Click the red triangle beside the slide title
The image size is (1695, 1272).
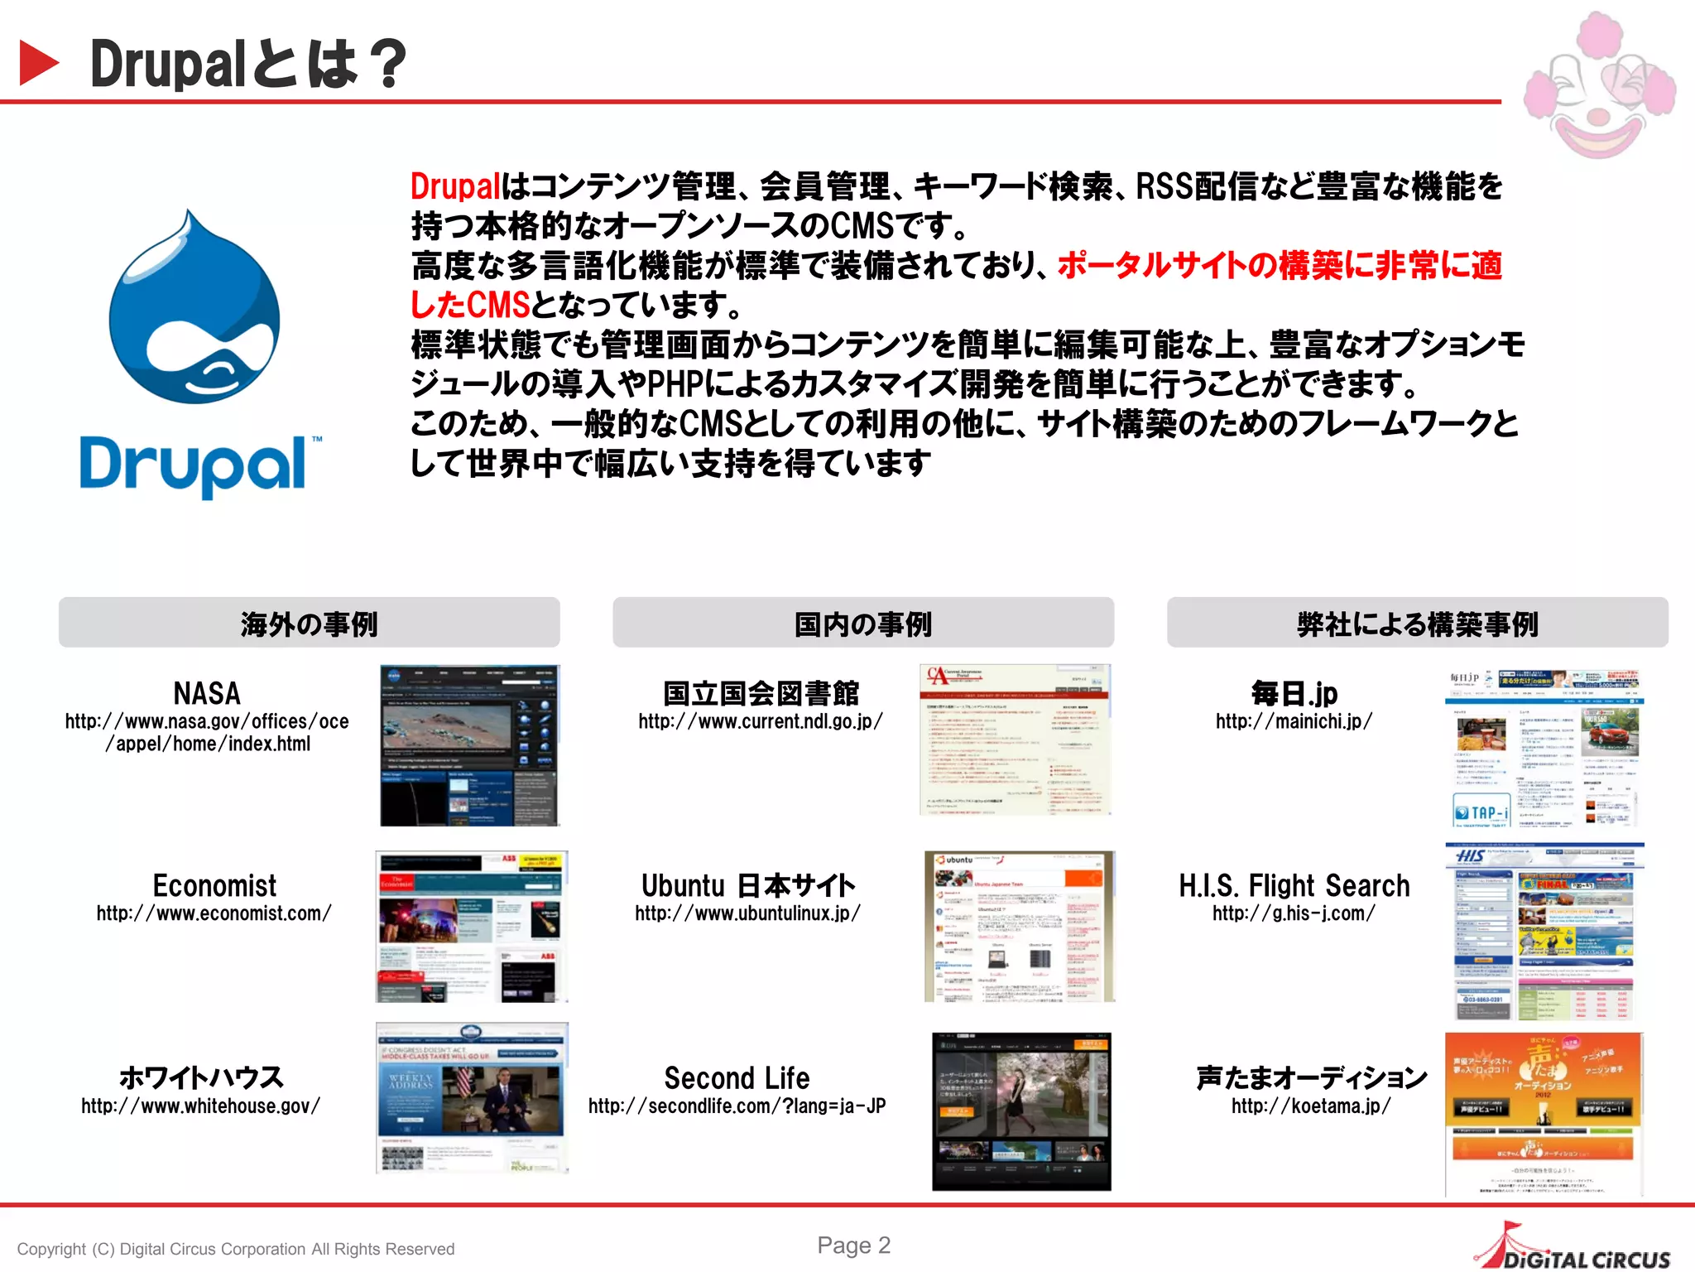[x=38, y=63]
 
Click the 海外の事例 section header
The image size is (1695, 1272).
[x=309, y=623]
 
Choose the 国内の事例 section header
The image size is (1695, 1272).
[x=862, y=623]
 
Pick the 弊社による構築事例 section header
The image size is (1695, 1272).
[x=1417, y=623]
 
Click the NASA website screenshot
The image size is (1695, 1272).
[x=469, y=744]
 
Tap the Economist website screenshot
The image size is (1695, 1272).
[x=472, y=926]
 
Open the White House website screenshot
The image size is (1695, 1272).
[x=472, y=1097]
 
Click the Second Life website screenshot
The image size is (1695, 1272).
[x=1021, y=1111]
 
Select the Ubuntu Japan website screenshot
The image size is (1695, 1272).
[x=1019, y=926]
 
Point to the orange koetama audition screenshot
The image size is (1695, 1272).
[x=1544, y=1113]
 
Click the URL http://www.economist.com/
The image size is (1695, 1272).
[x=214, y=913]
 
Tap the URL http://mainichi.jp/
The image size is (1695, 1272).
[x=1293, y=721]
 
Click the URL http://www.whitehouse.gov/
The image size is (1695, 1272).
[x=200, y=1106]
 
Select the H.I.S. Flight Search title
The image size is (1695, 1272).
[x=1294, y=885]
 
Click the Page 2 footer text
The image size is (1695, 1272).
[x=853, y=1245]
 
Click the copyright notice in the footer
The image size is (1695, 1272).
[x=236, y=1249]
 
